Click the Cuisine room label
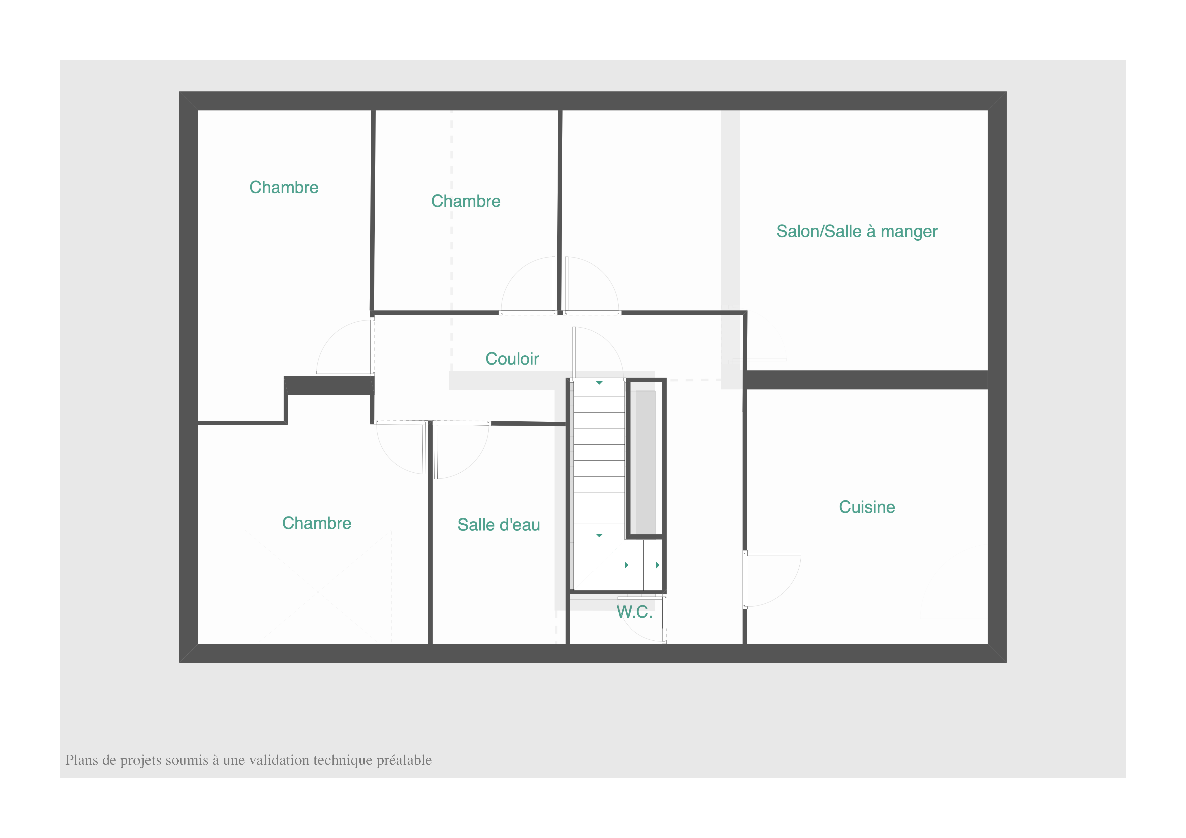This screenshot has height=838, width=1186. (x=867, y=507)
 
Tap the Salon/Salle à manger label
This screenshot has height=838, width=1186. (x=857, y=231)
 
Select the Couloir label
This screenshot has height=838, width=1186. (x=512, y=359)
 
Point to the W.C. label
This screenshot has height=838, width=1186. (x=634, y=612)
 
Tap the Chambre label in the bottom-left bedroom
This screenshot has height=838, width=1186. (x=317, y=523)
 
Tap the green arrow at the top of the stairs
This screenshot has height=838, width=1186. (x=599, y=383)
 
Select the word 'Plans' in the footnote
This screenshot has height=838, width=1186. (x=79, y=760)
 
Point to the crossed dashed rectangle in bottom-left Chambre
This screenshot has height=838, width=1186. (x=318, y=586)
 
